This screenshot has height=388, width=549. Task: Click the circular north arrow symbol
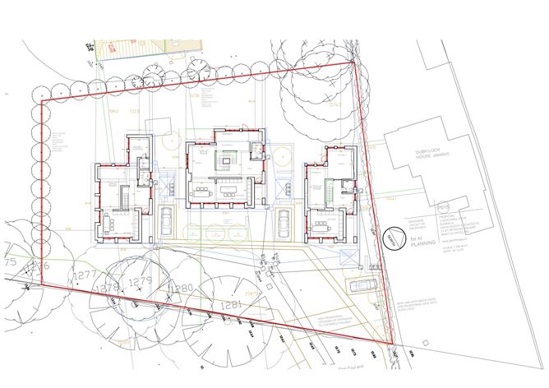tap(393, 237)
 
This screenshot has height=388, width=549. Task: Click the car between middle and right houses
tap(284, 221)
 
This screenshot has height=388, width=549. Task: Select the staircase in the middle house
tap(224, 157)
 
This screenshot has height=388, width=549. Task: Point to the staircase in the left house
tap(126, 198)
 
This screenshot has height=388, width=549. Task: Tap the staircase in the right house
tap(330, 192)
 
